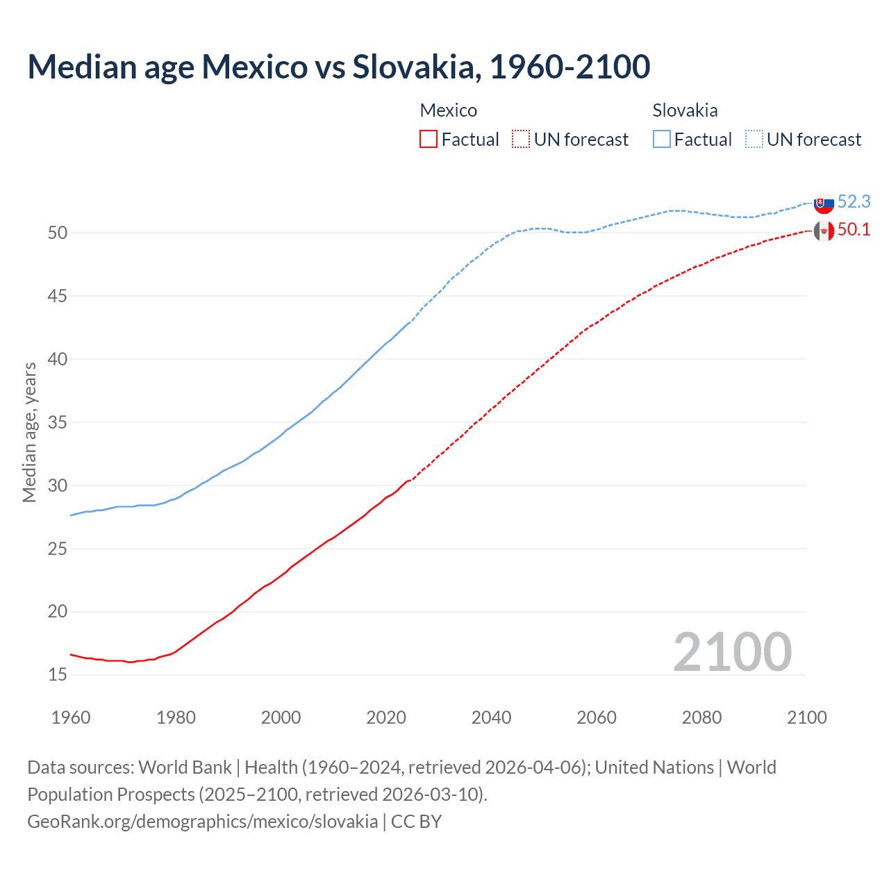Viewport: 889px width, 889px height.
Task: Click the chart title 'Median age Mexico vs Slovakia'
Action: [x=338, y=67]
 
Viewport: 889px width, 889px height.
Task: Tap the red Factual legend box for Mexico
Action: [x=429, y=140]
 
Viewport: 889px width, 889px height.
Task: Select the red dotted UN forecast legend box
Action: [x=521, y=140]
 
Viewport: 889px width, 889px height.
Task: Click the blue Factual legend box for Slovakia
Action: [x=662, y=140]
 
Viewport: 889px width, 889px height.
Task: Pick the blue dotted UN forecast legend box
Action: [x=754, y=140]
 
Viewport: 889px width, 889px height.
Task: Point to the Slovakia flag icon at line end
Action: [x=824, y=203]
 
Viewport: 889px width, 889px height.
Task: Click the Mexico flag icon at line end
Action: [x=824, y=231]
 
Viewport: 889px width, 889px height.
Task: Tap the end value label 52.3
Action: [x=854, y=201]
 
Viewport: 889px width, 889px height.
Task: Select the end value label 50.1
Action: [x=854, y=230]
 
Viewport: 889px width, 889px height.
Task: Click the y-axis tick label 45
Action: [x=58, y=296]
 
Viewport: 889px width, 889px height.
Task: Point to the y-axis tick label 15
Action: [x=58, y=675]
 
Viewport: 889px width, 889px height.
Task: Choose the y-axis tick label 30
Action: [x=58, y=485]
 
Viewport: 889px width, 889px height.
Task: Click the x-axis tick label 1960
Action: [x=71, y=717]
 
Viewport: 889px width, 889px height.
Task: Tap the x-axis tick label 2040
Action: [x=491, y=717]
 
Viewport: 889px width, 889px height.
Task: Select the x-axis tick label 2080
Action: [x=701, y=717]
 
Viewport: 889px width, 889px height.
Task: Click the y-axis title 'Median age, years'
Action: [x=29, y=432]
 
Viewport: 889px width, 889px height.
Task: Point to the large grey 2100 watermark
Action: [x=732, y=651]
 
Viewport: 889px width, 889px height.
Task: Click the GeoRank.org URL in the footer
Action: [x=202, y=822]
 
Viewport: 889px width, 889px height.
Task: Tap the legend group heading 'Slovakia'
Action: [x=685, y=110]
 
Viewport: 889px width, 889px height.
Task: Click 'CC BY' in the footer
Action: [x=416, y=822]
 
